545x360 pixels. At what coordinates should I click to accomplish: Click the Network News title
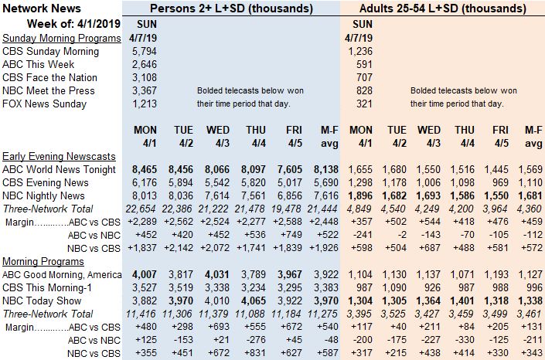(42, 8)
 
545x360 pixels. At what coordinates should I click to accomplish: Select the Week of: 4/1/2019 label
(73, 24)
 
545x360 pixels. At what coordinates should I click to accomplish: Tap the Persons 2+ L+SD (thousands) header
(231, 8)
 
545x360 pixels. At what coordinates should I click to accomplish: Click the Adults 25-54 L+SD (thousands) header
(442, 8)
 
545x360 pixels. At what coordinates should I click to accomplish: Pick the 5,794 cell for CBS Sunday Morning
(145, 52)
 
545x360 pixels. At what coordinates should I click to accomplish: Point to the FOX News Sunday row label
(45, 104)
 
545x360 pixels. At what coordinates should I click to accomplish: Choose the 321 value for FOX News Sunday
(364, 104)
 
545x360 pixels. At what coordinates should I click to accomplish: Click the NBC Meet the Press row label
(48, 90)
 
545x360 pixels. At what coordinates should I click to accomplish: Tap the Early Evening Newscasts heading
(59, 156)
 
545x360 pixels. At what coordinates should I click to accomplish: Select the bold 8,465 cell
(145, 170)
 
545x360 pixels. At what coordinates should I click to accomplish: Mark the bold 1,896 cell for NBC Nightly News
(360, 196)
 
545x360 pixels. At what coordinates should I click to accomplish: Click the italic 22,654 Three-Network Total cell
(141, 209)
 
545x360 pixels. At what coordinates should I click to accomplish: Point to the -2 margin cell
(402, 236)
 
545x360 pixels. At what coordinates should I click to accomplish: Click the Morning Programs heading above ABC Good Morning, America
(43, 261)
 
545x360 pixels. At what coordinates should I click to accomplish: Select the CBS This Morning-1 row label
(46, 287)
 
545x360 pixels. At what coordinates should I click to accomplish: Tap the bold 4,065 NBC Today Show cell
(254, 301)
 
